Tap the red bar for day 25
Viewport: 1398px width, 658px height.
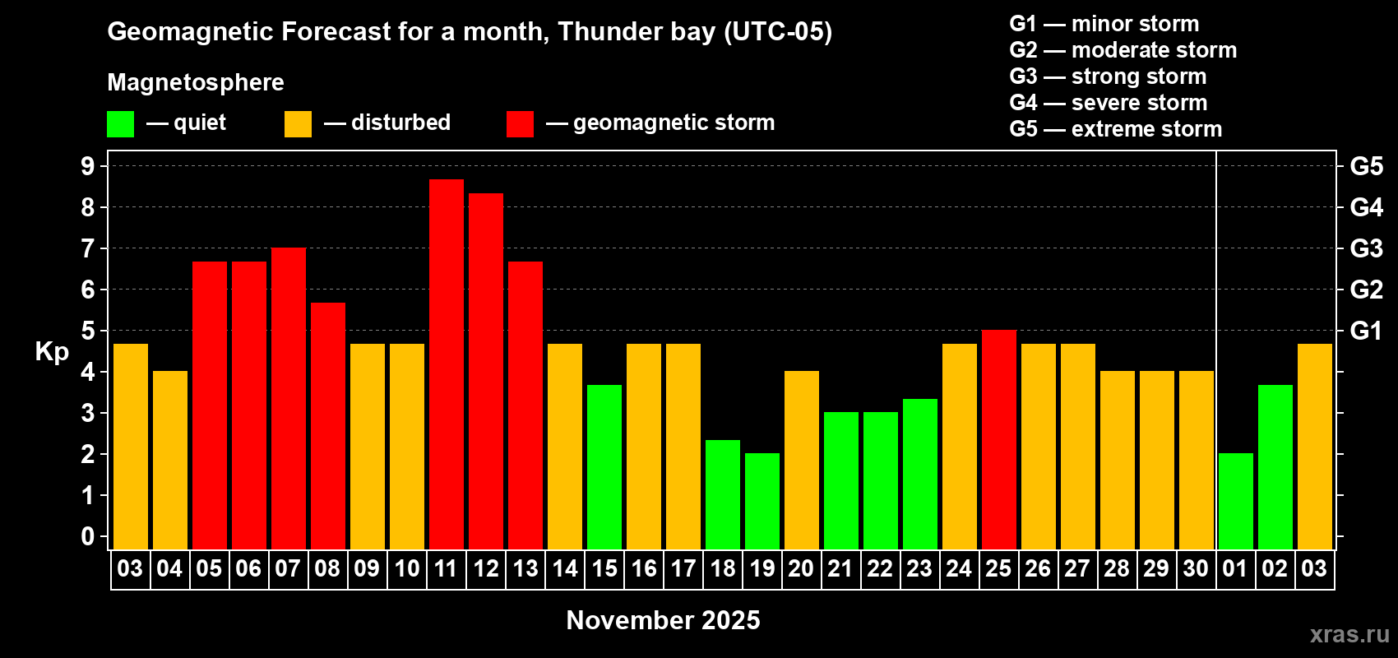(999, 439)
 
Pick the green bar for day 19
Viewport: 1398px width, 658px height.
(762, 501)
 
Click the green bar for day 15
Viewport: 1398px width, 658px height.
(604, 466)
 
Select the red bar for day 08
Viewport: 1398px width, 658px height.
(328, 425)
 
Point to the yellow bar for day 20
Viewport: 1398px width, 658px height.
(802, 460)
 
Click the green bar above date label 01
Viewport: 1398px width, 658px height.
(1236, 501)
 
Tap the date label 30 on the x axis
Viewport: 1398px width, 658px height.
(1196, 568)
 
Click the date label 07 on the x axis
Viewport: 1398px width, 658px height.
(288, 568)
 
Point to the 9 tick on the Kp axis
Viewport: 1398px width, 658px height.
(88, 166)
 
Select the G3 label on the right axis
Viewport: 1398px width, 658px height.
(1366, 248)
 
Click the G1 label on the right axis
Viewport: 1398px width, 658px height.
(1366, 331)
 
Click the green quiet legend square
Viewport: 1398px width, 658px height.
(121, 124)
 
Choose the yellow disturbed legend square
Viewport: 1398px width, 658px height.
(298, 124)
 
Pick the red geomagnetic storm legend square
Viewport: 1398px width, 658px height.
(520, 124)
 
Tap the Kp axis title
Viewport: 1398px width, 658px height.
(52, 351)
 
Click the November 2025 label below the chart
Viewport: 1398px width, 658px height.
(663, 620)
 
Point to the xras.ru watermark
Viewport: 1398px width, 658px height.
(1349, 634)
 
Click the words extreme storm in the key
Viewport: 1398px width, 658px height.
(1146, 129)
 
